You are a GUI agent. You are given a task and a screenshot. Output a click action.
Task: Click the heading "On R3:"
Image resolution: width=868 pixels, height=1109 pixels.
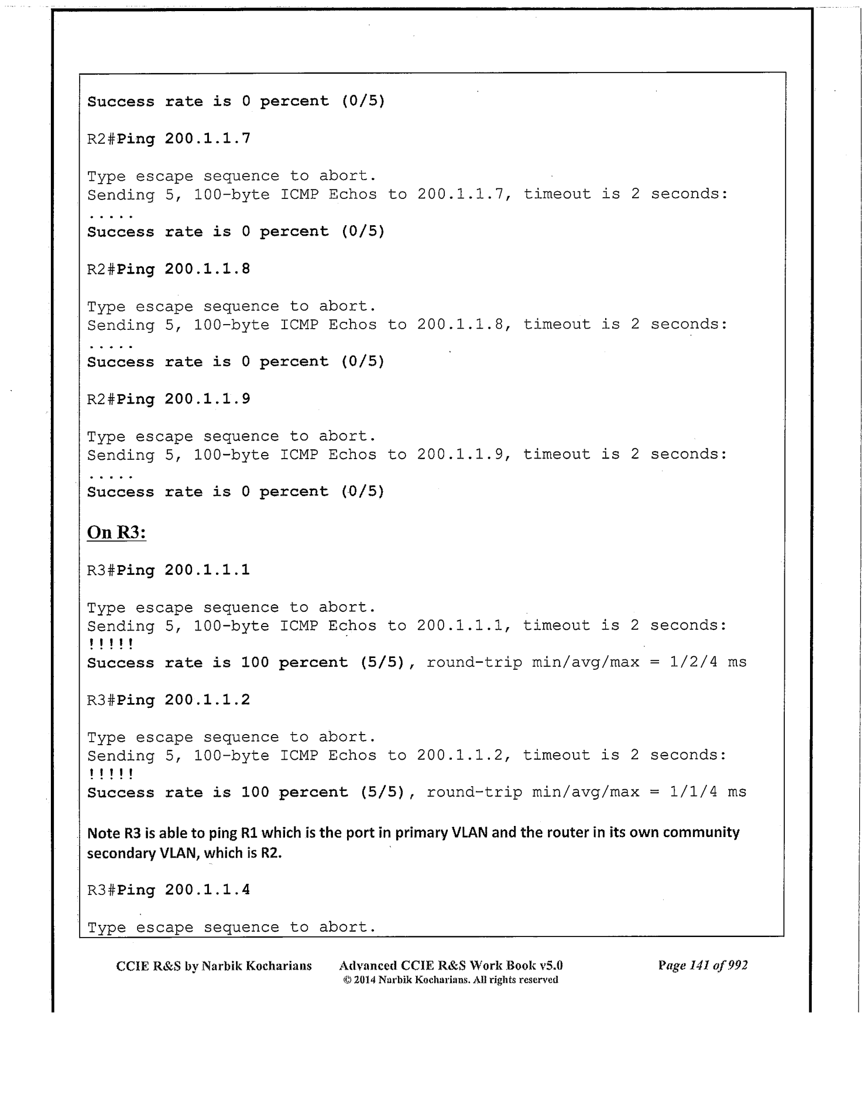coord(116,532)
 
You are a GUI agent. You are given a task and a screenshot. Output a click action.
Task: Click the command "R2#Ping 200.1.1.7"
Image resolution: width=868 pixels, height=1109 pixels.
coord(169,139)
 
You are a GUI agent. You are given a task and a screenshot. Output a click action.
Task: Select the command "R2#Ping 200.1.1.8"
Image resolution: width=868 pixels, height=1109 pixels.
coord(169,269)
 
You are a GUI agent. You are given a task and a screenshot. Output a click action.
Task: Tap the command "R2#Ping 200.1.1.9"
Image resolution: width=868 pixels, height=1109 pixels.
coord(169,399)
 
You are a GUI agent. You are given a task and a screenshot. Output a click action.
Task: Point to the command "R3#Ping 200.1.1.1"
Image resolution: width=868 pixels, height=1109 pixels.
coord(169,570)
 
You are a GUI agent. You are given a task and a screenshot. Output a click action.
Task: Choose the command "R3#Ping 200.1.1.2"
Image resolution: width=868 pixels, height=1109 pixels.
coord(169,700)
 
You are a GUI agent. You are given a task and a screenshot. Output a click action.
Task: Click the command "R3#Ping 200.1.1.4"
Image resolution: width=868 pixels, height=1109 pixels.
coord(169,890)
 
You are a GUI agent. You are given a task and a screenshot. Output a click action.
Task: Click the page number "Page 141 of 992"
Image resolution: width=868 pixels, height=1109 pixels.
coord(702,966)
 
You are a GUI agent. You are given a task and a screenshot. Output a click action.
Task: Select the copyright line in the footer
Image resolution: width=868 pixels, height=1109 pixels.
coord(451,980)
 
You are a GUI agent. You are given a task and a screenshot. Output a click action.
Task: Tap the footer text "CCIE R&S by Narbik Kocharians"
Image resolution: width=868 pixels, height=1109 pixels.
coord(214,966)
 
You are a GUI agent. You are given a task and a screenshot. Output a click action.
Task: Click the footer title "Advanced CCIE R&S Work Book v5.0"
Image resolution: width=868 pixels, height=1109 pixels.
coord(451,965)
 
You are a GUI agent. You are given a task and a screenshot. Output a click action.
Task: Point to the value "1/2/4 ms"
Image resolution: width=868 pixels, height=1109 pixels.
coord(708,662)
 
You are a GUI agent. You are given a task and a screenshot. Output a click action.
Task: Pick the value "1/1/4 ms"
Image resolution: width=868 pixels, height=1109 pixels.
coord(708,792)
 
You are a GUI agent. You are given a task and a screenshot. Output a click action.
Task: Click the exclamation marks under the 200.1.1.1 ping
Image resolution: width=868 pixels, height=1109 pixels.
coord(111,644)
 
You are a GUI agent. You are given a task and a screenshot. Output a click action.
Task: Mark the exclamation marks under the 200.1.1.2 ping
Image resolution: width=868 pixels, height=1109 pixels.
coord(111,774)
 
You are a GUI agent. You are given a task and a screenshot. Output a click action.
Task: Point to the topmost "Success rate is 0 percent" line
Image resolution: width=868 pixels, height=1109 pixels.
coord(236,101)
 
